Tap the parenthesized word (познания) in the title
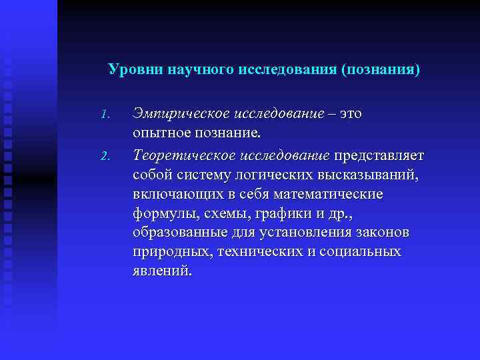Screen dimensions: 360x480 381,69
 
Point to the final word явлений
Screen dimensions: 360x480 162,271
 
